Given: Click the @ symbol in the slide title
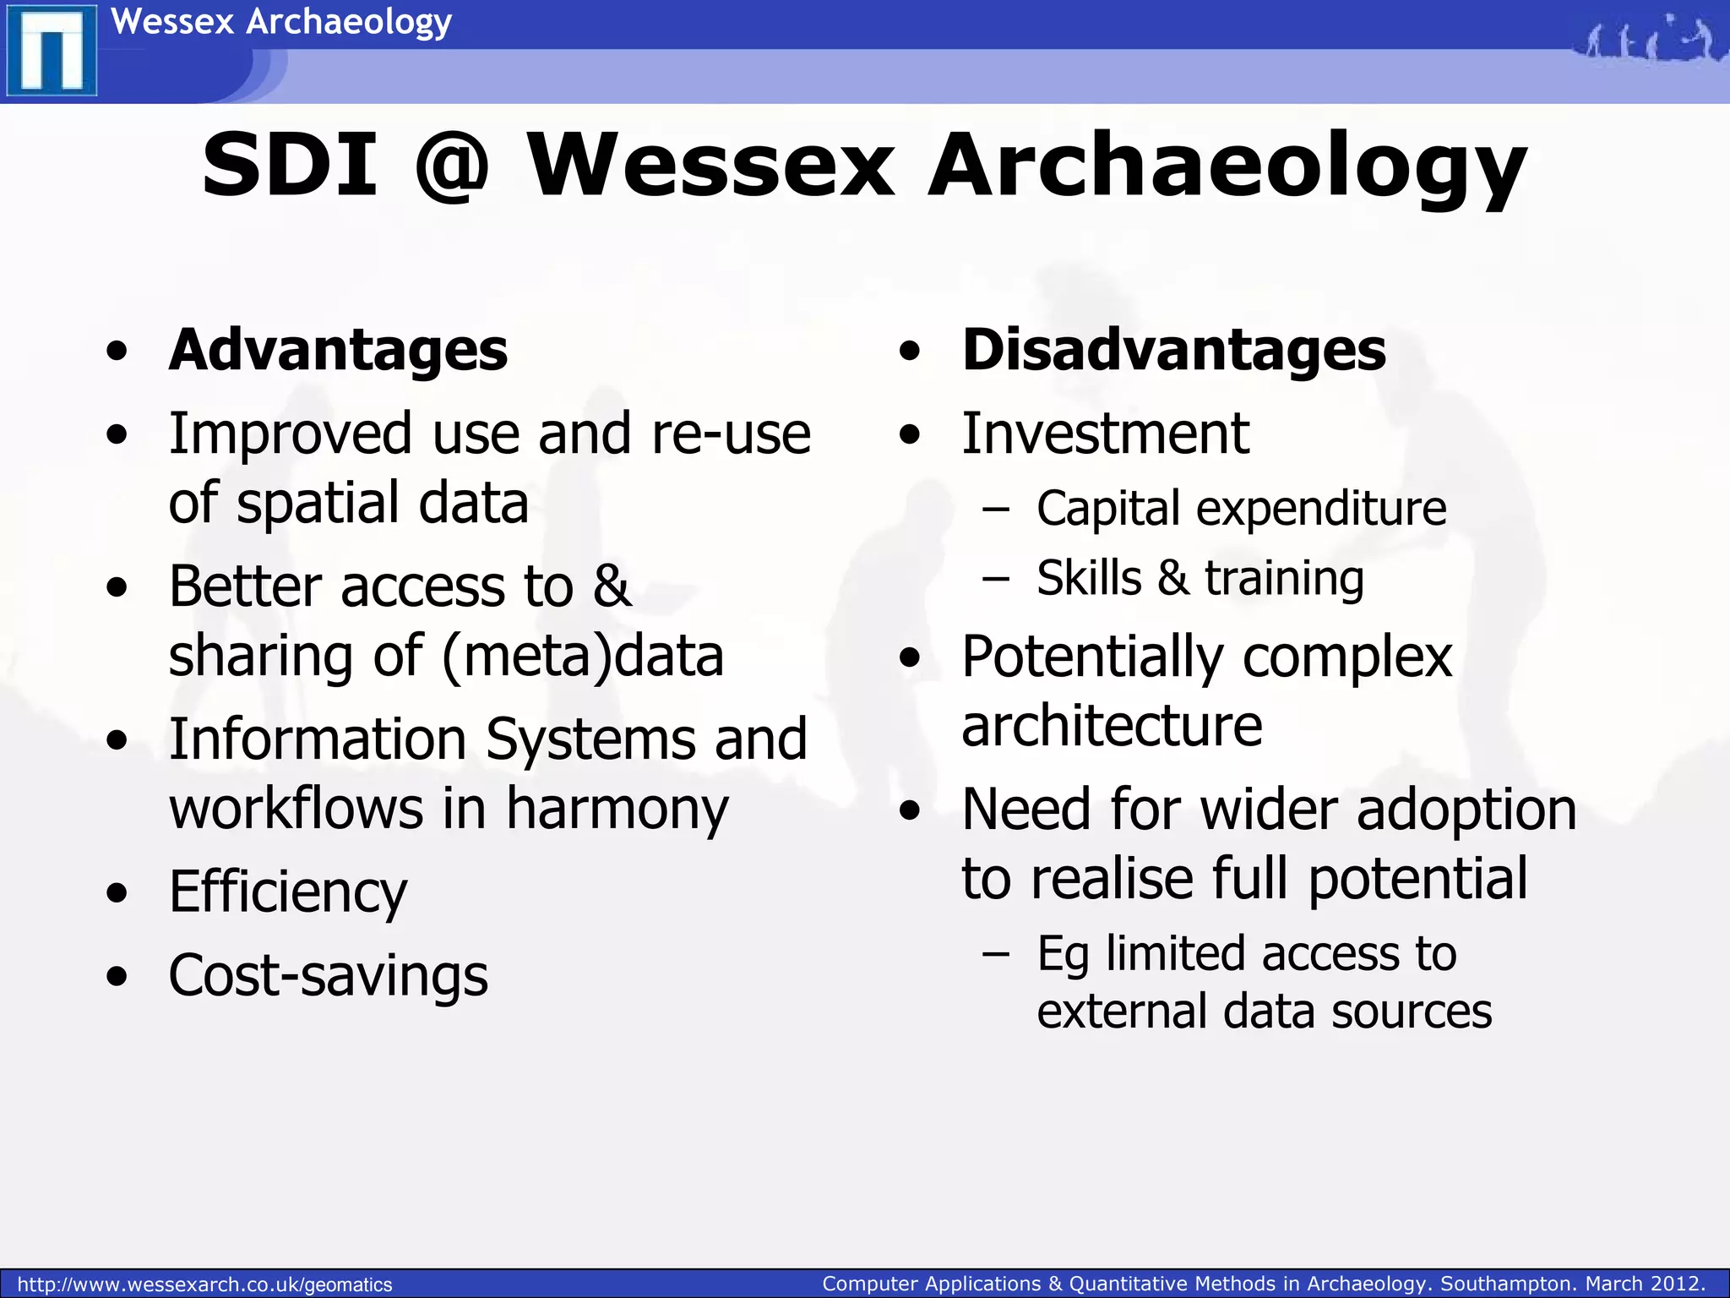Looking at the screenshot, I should click(452, 166).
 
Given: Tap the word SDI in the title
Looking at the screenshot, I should click(289, 166).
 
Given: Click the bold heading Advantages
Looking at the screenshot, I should click(338, 350).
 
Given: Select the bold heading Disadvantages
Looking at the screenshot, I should click(1173, 350).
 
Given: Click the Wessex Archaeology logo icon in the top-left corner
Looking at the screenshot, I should click(51, 51).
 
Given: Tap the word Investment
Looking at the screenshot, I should click(1105, 434).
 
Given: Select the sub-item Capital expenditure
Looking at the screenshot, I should click(1241, 509).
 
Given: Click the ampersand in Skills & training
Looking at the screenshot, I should click(1172, 579).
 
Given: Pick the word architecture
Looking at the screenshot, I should click(1112, 726).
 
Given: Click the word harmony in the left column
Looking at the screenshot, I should click(617, 810).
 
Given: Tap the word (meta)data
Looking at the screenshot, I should click(583, 657).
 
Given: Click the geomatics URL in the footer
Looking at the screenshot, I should click(205, 1284).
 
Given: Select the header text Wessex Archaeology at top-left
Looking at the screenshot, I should click(281, 21).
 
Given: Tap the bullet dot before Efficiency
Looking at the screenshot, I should click(117, 893).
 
